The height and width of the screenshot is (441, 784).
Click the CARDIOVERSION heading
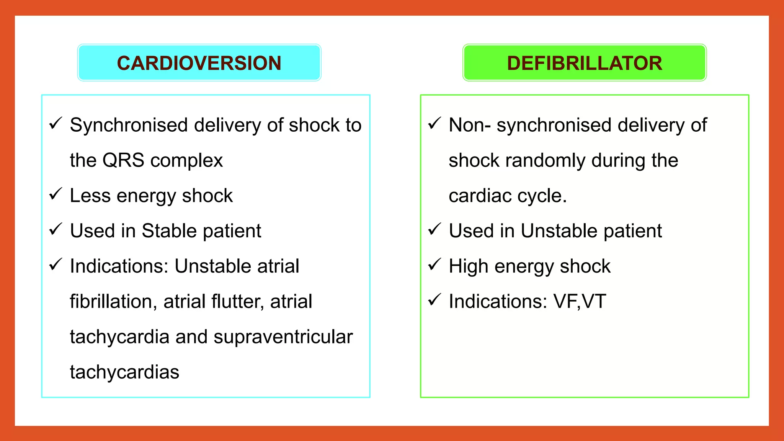click(x=199, y=63)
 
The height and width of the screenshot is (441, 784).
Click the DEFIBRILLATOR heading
click(x=584, y=63)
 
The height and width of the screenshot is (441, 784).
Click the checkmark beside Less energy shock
click(x=56, y=194)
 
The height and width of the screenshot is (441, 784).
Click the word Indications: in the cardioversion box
click(x=119, y=266)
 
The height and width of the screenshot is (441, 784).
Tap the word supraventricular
click(x=283, y=337)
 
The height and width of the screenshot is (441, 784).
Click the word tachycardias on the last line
click(x=124, y=372)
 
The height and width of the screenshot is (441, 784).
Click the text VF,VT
click(x=580, y=301)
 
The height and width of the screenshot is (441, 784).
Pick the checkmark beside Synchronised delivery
click(x=56, y=123)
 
